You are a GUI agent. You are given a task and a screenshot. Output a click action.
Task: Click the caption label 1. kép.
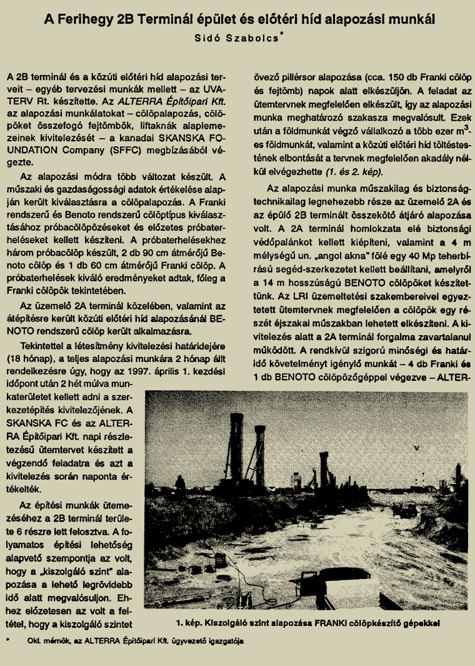[189, 622]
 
